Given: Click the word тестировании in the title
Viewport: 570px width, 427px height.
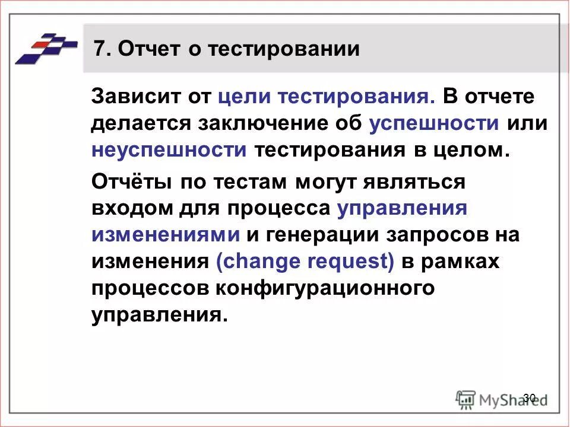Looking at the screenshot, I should click(x=284, y=49).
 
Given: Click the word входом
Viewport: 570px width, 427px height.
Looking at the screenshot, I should click(x=127, y=208).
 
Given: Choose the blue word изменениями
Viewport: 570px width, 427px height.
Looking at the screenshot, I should click(x=166, y=235).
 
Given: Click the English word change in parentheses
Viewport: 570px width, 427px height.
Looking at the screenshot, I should click(x=256, y=262).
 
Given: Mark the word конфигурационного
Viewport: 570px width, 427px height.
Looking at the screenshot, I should click(x=325, y=288).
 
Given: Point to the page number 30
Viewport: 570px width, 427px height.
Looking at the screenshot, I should click(x=530, y=397).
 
